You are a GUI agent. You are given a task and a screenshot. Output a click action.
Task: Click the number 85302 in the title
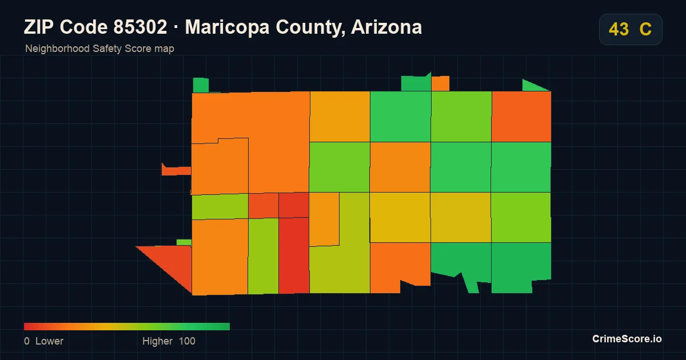[140, 27]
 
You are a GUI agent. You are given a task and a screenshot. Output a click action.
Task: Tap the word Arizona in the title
[386, 27]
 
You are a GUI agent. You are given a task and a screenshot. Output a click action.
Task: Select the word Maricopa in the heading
[228, 27]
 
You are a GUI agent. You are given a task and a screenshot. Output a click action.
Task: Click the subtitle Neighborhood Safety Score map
[99, 49]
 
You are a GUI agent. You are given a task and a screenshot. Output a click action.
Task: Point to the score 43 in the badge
[619, 29]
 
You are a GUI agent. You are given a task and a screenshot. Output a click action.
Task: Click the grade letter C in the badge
[645, 29]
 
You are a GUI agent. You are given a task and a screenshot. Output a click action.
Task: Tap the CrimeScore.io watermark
[627, 338]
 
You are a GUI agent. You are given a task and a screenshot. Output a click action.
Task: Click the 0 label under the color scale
[27, 341]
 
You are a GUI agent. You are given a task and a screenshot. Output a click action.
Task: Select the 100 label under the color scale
[187, 341]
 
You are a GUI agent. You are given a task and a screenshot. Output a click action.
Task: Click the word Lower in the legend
[49, 341]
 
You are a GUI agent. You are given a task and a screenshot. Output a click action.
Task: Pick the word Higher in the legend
[157, 341]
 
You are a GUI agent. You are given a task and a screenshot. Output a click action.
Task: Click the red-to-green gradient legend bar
[127, 326]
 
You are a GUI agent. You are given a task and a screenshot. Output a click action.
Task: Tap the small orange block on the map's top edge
[440, 83]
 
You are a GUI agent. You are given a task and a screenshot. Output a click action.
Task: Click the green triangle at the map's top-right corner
[533, 86]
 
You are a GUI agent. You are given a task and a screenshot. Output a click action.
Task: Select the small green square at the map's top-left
[201, 85]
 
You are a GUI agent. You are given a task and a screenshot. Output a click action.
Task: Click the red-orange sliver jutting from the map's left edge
[176, 170]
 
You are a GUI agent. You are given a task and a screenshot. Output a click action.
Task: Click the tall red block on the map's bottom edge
[294, 255]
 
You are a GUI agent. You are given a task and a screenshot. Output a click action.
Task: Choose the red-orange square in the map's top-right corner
[521, 117]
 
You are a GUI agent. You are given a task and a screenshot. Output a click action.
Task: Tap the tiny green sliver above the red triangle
[184, 242]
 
